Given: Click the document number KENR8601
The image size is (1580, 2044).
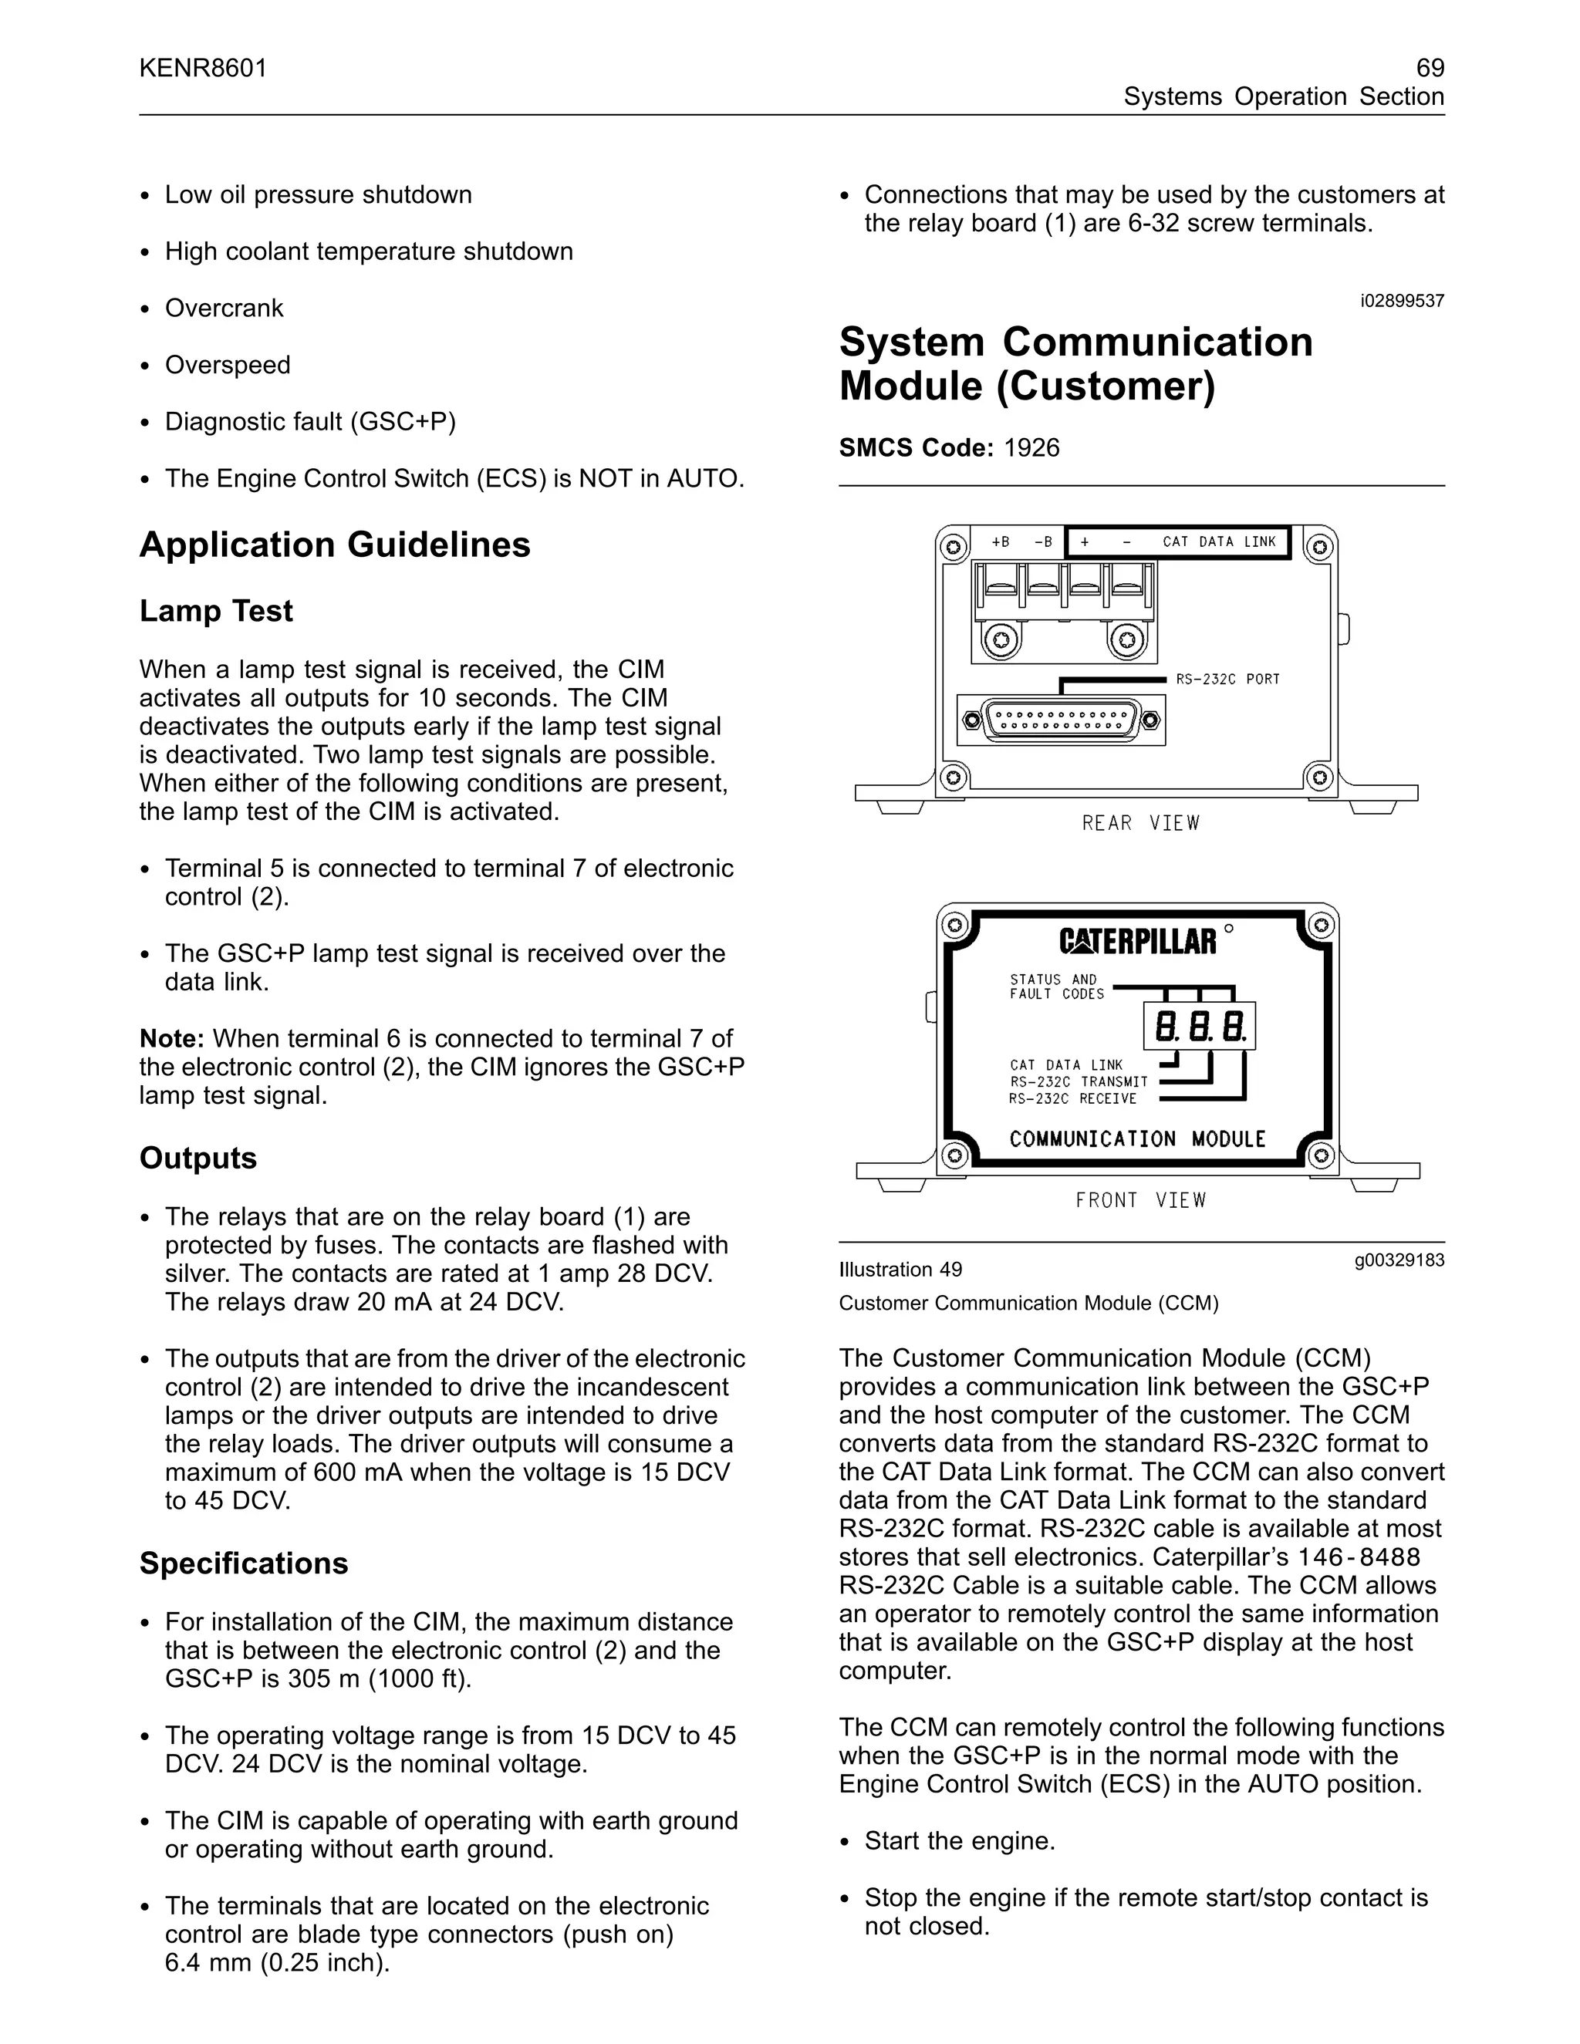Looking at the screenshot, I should pos(203,69).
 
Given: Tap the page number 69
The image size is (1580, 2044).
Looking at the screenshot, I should pos(1430,69).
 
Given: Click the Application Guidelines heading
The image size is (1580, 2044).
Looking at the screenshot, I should pos(335,545).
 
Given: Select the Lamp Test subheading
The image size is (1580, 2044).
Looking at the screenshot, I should pos(216,611).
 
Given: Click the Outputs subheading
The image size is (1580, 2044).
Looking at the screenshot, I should pos(198,1158).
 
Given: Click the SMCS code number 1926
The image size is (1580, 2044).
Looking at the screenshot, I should pos(1031,447).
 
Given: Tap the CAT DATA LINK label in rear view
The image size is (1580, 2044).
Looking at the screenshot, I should pos(1219,542).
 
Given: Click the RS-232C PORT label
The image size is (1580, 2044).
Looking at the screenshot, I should pos(1227,680).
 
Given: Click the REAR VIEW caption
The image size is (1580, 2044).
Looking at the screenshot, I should pos(1140,824).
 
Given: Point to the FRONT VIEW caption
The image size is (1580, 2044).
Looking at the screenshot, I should pos(1140,1201).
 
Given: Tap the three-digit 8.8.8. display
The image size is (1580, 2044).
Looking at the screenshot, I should pos(1199,1027).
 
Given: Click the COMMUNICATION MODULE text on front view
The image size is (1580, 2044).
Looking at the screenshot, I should pos(1137,1139).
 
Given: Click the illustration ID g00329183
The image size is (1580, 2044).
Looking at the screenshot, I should pos(1399,1260).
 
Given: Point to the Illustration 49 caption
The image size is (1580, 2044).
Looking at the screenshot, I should pos(900,1270).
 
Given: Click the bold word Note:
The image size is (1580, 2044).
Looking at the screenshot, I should pos(172,1039).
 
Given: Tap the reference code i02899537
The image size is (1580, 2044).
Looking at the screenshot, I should pos(1401,302).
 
